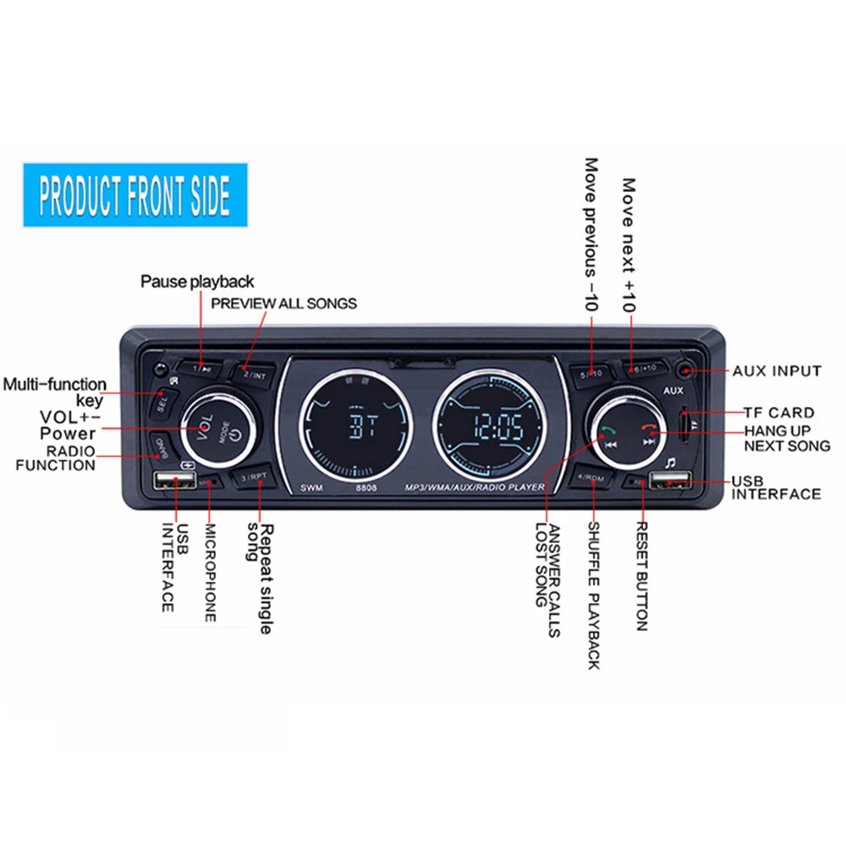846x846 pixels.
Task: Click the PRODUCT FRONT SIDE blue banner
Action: click(135, 195)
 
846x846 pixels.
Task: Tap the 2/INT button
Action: click(252, 373)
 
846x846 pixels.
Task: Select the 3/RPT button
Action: click(253, 477)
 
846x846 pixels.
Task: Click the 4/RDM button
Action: click(591, 479)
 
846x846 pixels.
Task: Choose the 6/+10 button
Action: click(645, 371)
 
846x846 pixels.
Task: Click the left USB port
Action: click(176, 482)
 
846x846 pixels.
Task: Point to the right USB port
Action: click(671, 484)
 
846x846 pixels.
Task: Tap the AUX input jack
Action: click(685, 371)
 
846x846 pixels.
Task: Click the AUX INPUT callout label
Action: click(777, 371)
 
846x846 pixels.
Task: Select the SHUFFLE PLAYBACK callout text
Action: click(593, 596)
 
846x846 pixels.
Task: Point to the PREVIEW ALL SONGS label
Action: click(283, 303)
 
